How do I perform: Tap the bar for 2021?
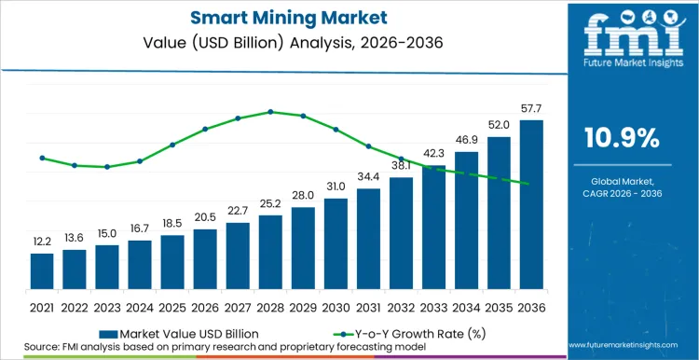pos(42,271)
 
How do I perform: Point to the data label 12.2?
pos(42,242)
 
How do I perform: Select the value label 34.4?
pos(368,177)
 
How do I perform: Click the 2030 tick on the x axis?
pos(336,307)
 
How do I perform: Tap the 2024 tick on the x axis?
pos(140,307)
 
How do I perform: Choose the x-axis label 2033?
pos(433,307)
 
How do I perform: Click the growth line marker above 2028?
pos(270,112)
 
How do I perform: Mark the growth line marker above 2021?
pos(42,158)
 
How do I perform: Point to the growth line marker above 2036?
pos(530,184)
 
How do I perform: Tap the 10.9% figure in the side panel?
pos(621,138)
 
